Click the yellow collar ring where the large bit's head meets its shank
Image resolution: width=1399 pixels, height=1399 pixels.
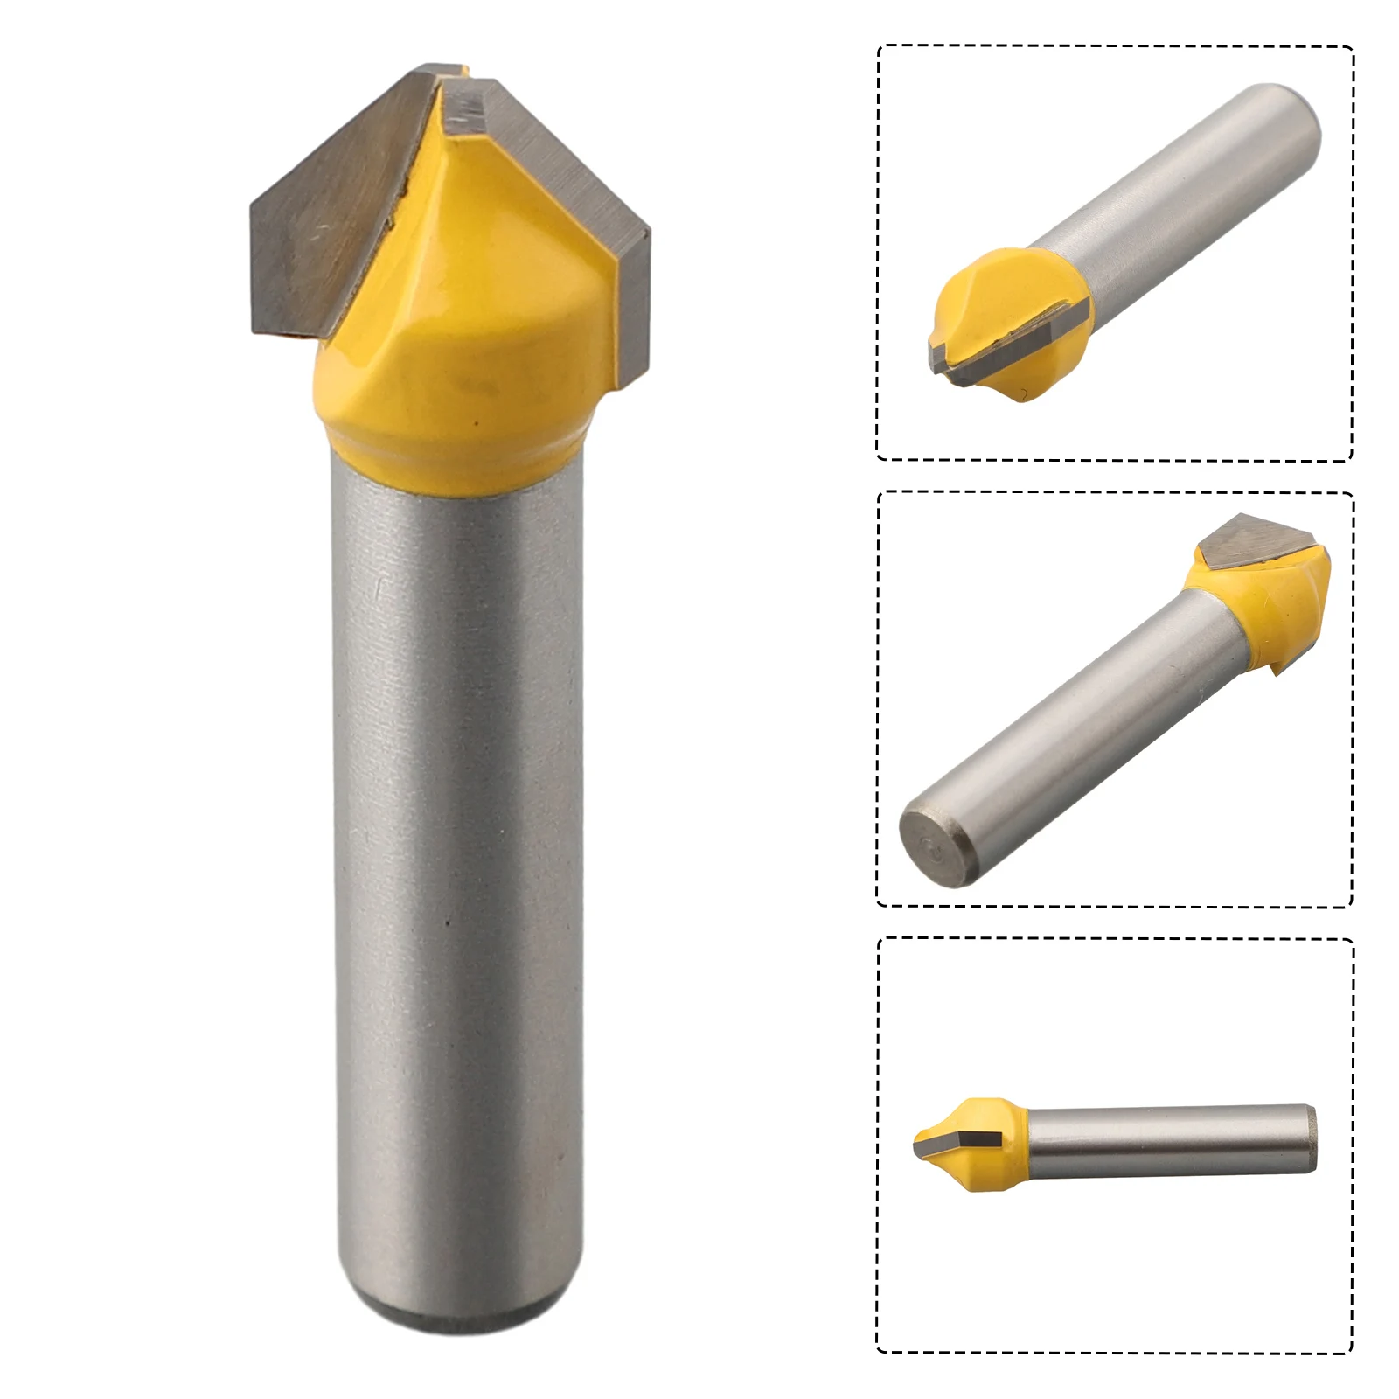coord(455,459)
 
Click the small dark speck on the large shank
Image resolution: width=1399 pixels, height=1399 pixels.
coord(448,922)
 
